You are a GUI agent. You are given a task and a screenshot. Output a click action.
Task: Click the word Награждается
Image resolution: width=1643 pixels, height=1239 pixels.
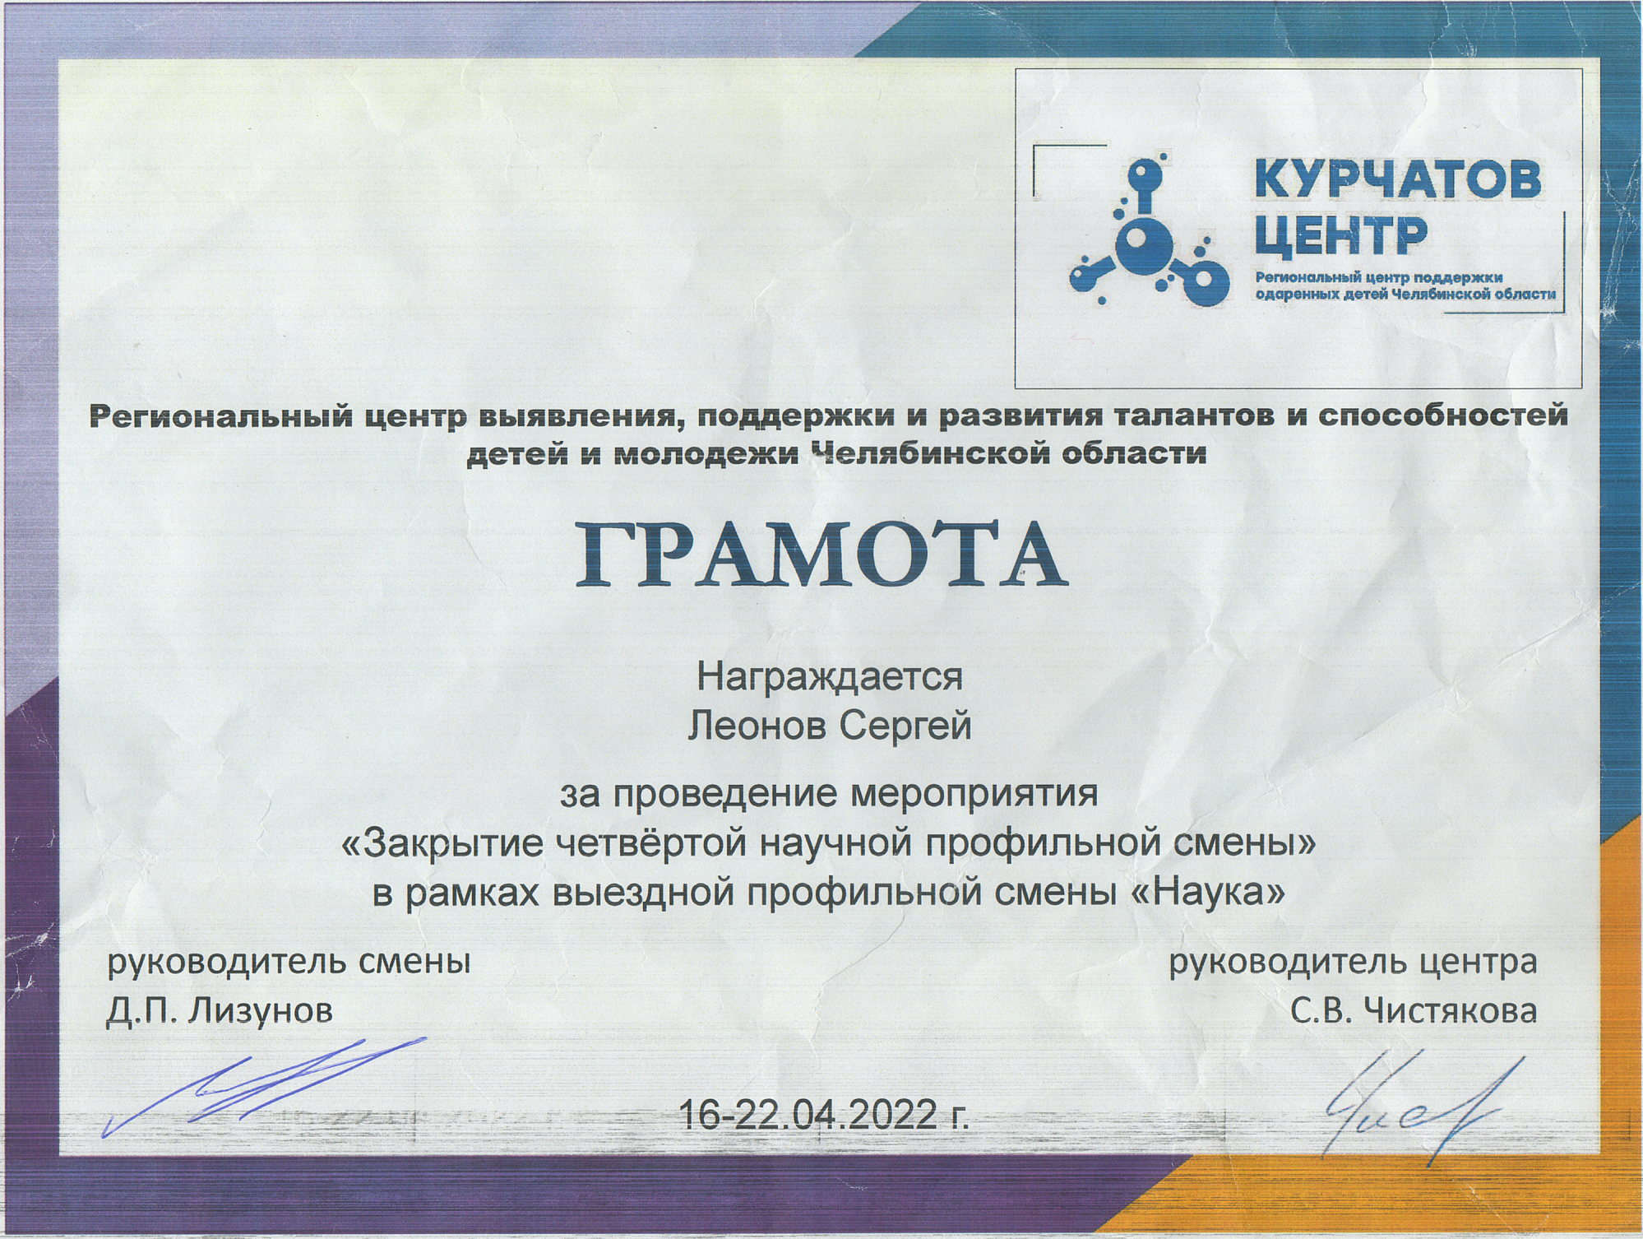click(830, 677)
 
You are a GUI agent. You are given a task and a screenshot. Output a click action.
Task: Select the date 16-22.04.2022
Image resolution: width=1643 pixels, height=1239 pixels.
click(808, 1116)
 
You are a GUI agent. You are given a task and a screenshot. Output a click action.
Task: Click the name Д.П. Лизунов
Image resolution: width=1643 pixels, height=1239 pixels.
click(220, 1009)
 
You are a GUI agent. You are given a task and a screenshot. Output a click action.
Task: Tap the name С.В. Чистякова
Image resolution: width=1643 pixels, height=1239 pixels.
click(1414, 1010)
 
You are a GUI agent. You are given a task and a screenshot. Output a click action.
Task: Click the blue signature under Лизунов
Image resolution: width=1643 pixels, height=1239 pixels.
click(263, 1086)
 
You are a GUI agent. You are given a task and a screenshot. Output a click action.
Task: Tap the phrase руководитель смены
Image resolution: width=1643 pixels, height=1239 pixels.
click(289, 961)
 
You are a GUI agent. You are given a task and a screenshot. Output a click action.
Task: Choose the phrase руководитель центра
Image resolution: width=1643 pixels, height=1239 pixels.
click(1353, 962)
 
